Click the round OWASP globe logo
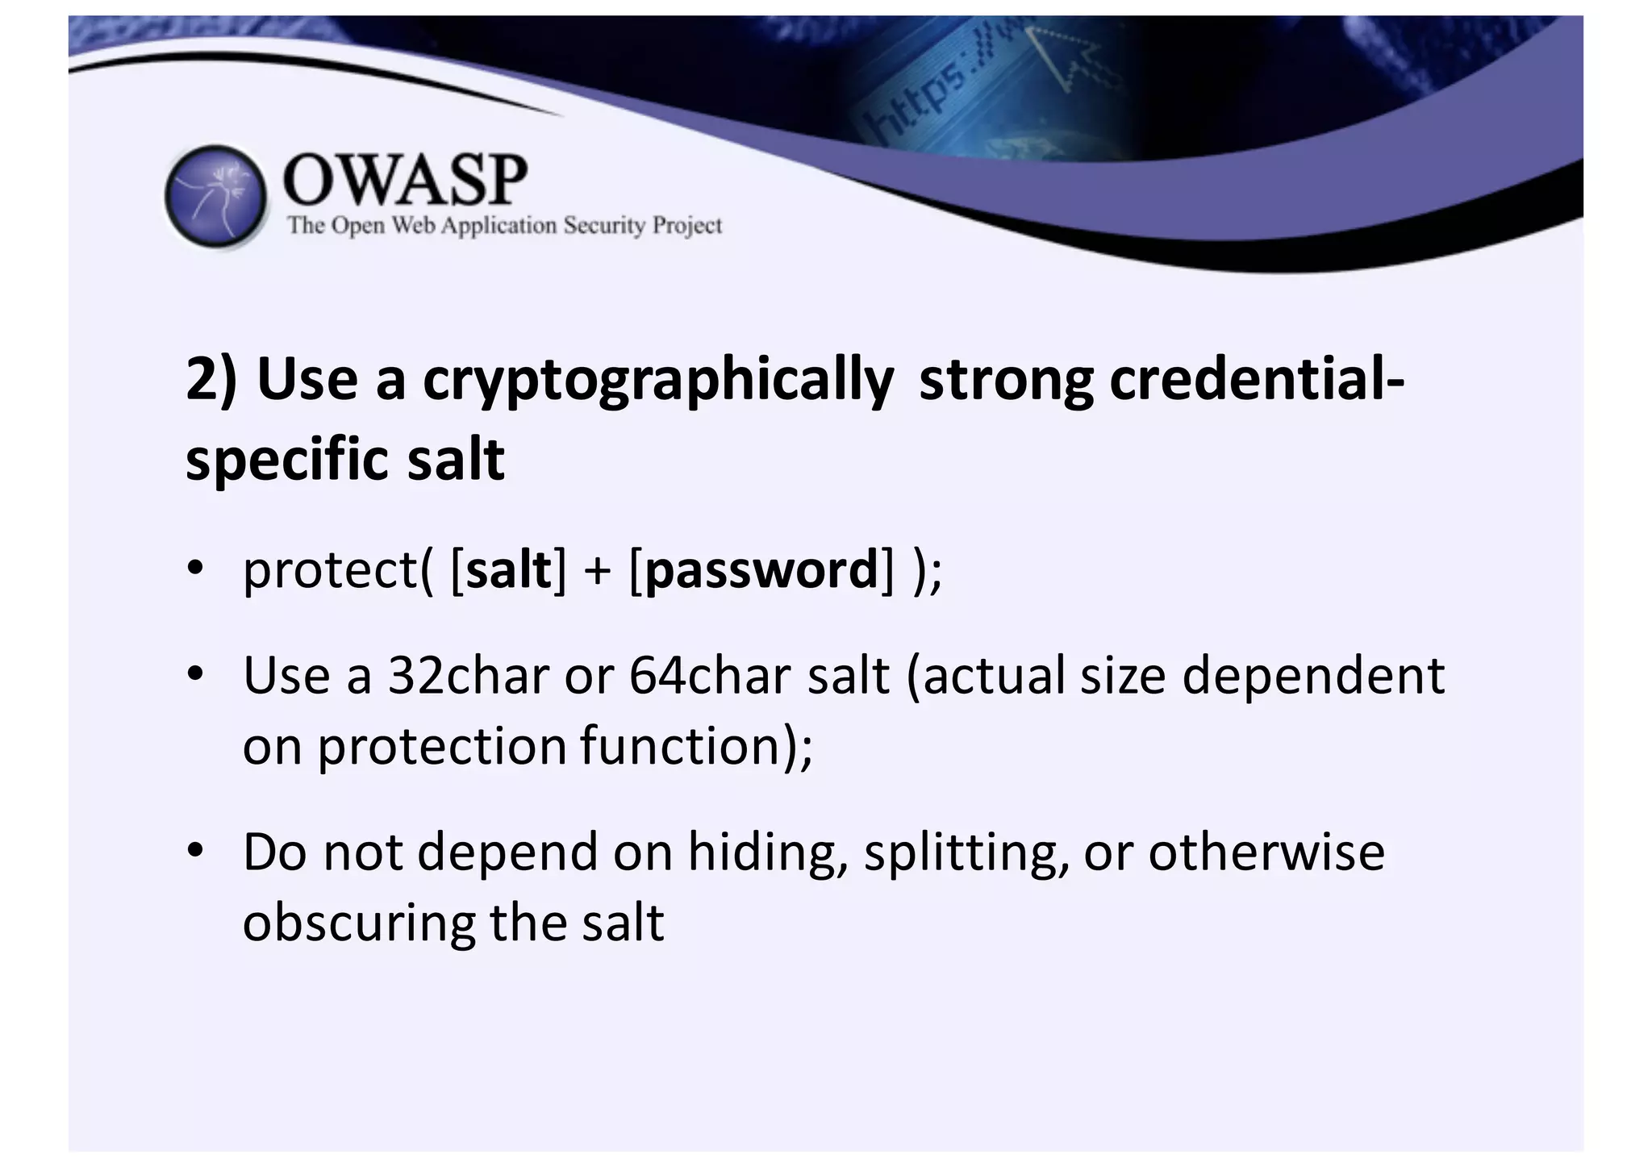click(215, 196)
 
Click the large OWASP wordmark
click(405, 180)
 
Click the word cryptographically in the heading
click(657, 379)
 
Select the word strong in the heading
click(1006, 379)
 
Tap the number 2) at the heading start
click(211, 379)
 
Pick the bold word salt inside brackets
click(509, 569)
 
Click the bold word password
click(761, 569)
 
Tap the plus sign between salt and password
click(597, 571)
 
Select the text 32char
click(469, 675)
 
